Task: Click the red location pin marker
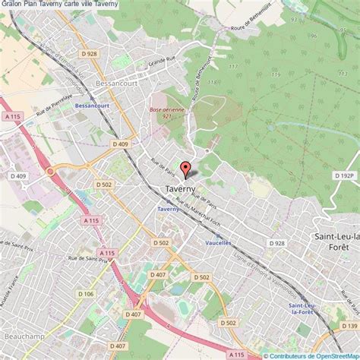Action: pyautogui.click(x=185, y=169)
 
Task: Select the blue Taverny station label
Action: pyautogui.click(x=168, y=208)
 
